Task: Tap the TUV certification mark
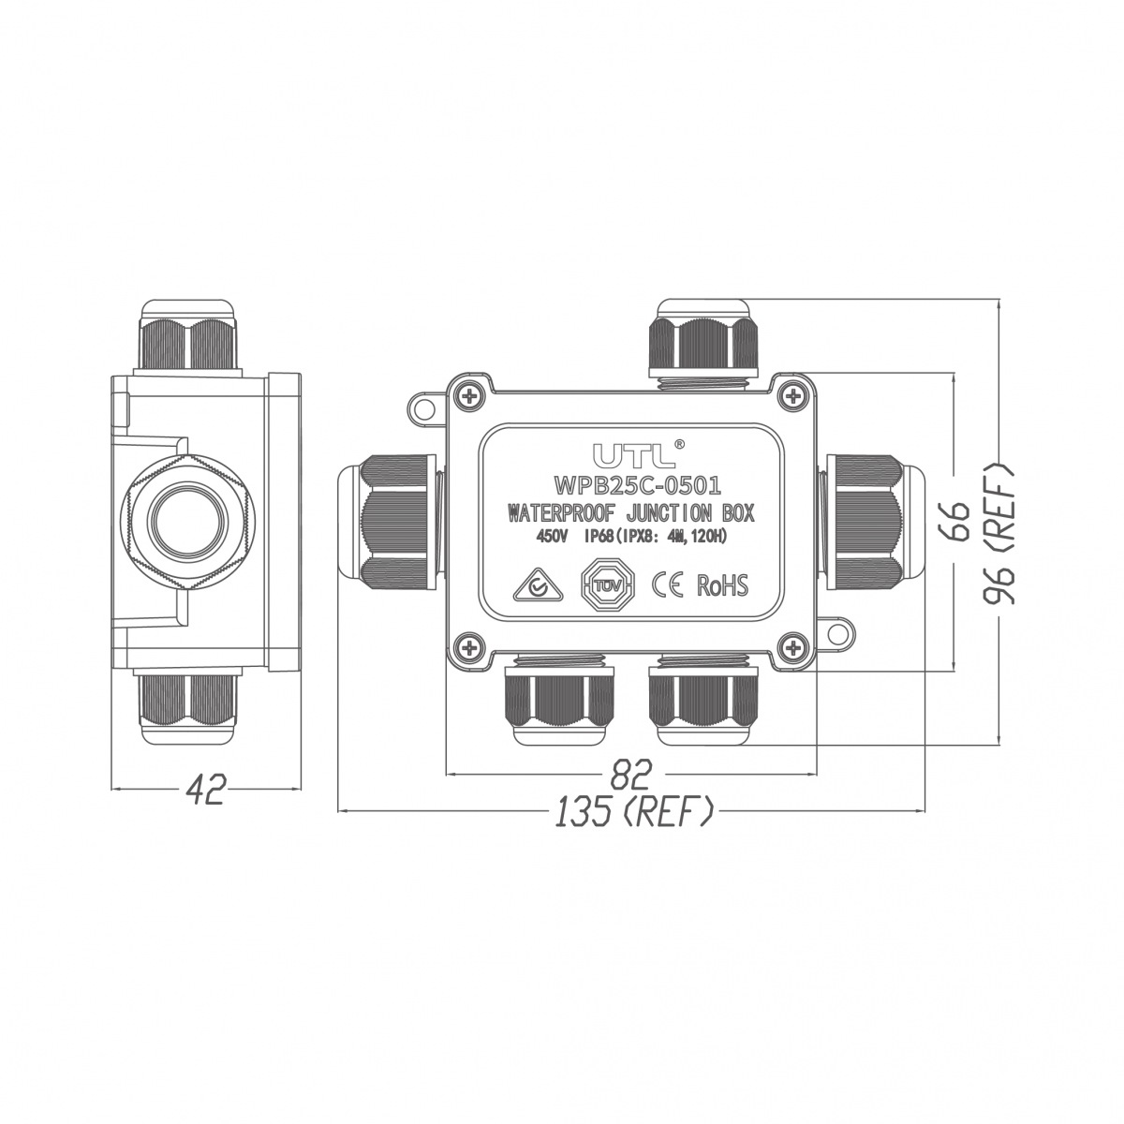coord(608,585)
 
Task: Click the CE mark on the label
coord(666,585)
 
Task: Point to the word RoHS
coord(722,585)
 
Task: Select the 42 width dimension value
coord(205,791)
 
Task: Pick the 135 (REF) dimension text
coord(634,811)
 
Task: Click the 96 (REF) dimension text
coord(998,535)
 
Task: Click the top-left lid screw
coord(469,397)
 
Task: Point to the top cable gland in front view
coord(702,344)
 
